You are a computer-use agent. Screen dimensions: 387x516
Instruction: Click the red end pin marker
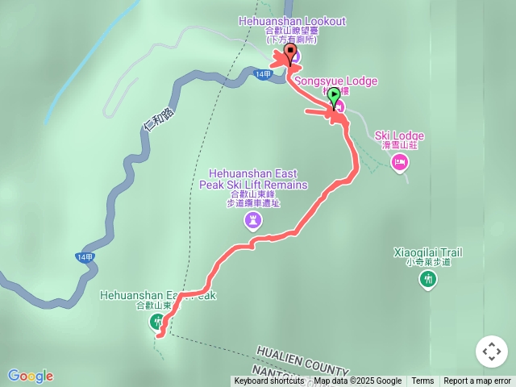pyautogui.click(x=290, y=52)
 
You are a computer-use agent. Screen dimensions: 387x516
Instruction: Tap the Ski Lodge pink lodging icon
pyautogui.click(x=398, y=163)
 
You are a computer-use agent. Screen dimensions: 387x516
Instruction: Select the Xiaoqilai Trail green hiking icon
pyautogui.click(x=427, y=279)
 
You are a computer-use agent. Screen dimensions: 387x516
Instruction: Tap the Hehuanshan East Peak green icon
pyautogui.click(x=156, y=322)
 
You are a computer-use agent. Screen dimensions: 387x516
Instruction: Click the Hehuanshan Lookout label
pyautogui.click(x=293, y=20)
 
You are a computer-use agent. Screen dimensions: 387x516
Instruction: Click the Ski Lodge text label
pyautogui.click(x=399, y=135)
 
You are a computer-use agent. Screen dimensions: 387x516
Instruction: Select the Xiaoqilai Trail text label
pyautogui.click(x=427, y=252)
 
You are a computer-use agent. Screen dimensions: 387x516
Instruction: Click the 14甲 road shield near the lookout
pyautogui.click(x=263, y=74)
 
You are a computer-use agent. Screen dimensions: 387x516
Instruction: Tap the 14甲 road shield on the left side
pyautogui.click(x=85, y=257)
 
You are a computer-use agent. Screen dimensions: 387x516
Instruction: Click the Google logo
pyautogui.click(x=31, y=376)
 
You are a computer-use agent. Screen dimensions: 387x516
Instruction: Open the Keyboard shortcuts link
pyautogui.click(x=269, y=381)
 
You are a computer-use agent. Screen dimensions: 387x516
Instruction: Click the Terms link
pyautogui.click(x=422, y=381)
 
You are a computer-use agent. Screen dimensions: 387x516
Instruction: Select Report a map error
pyautogui.click(x=477, y=381)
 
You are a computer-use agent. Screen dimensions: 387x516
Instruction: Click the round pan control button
pyautogui.click(x=491, y=352)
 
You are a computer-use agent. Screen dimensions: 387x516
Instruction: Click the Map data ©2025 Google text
pyautogui.click(x=357, y=381)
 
